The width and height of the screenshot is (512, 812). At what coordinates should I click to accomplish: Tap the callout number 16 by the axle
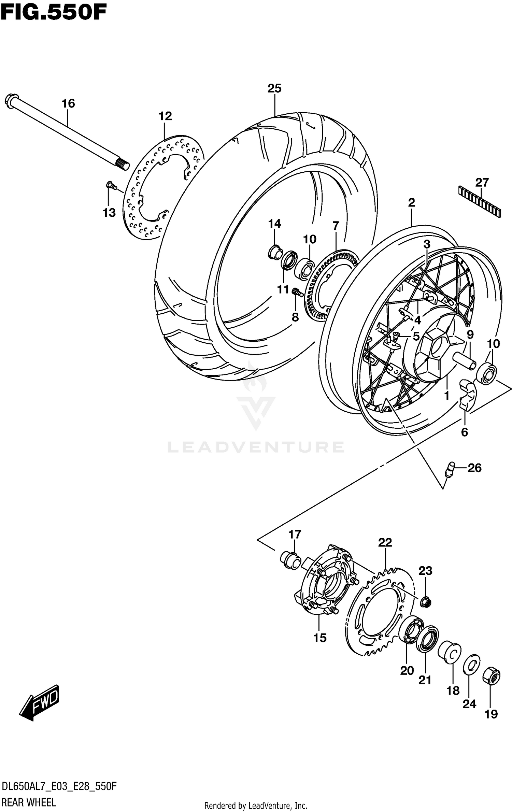pyautogui.click(x=68, y=103)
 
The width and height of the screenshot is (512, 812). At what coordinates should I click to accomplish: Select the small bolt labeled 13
pyautogui.click(x=110, y=185)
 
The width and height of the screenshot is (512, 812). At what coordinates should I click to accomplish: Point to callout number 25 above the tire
pyautogui.click(x=274, y=88)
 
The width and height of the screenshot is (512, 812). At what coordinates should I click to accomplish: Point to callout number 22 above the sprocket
pyautogui.click(x=385, y=542)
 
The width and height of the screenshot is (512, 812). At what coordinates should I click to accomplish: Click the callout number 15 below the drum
pyautogui.click(x=320, y=637)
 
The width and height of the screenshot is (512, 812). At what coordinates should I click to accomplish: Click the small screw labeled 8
pyautogui.click(x=297, y=292)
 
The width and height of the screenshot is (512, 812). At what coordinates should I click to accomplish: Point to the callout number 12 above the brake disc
pyautogui.click(x=165, y=116)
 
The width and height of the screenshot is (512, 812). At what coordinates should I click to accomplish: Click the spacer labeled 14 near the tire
pyautogui.click(x=275, y=252)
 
